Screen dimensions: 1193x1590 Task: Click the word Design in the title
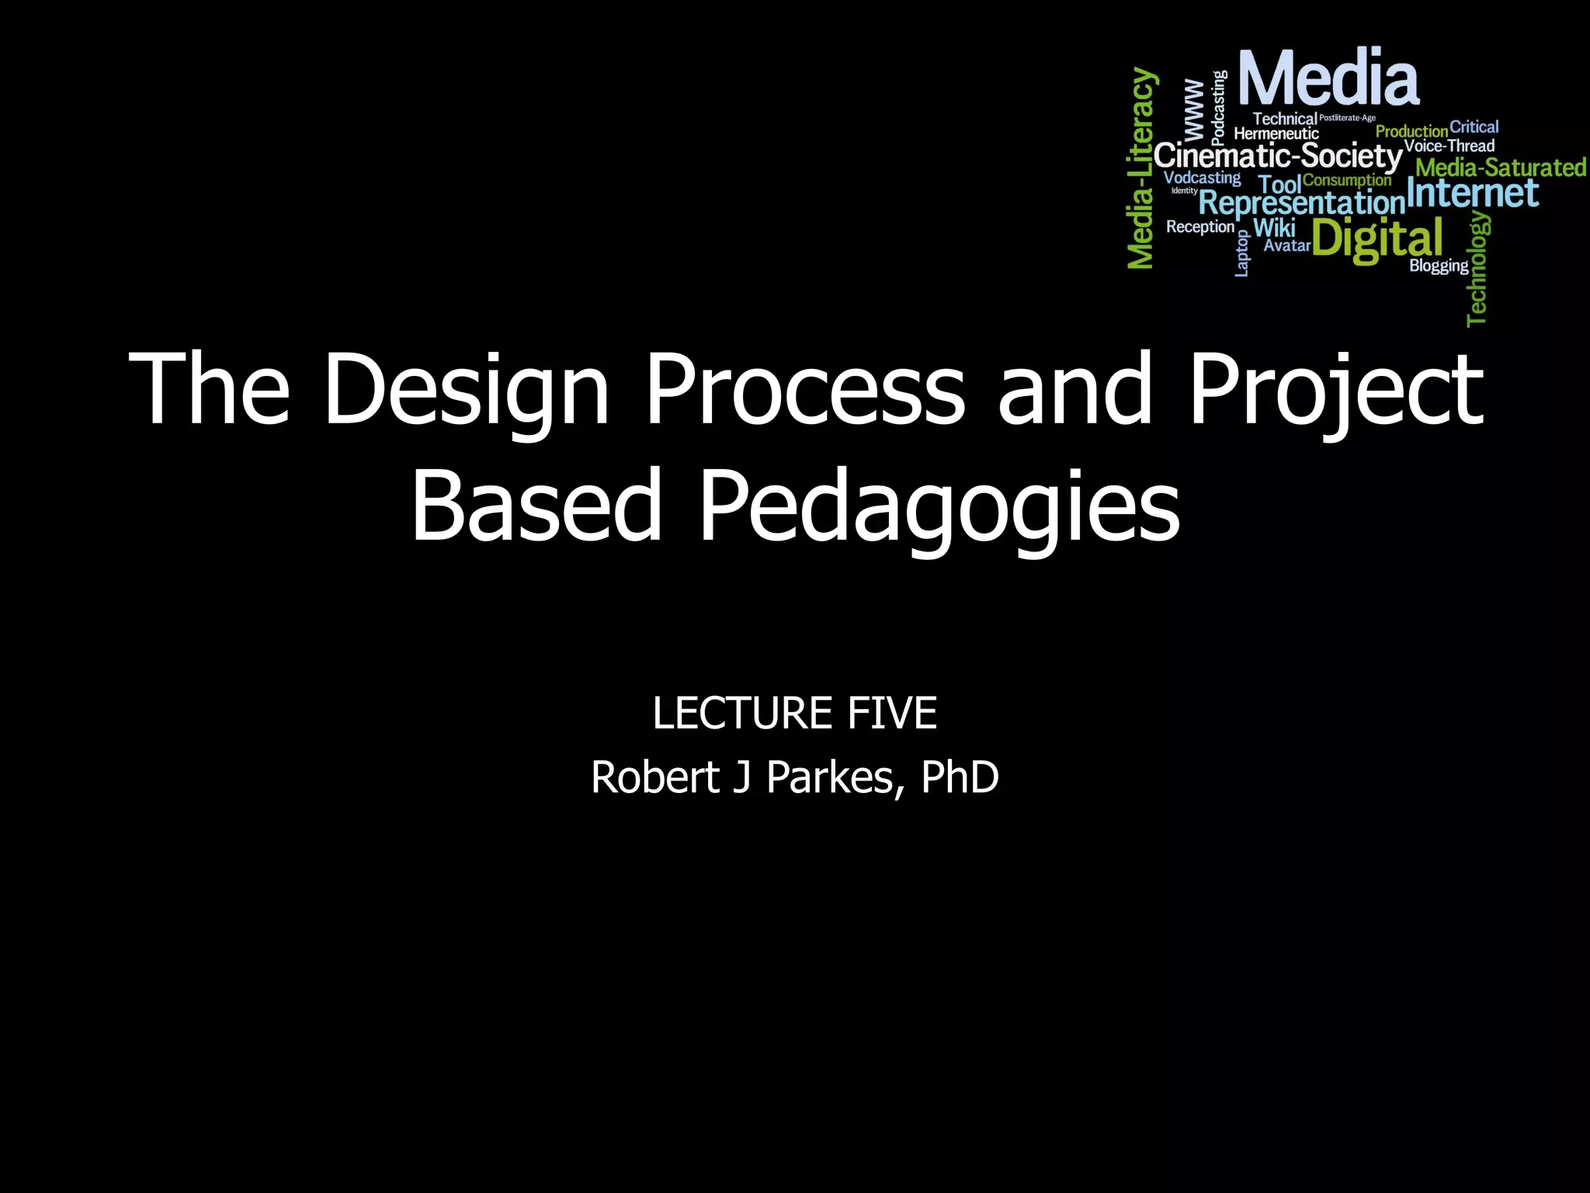click(x=466, y=388)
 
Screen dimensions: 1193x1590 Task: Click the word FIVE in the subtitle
click(x=892, y=713)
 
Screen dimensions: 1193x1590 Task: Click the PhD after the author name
click(x=960, y=777)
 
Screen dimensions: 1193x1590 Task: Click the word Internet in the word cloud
click(x=1472, y=193)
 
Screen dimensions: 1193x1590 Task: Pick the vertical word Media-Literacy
click(x=1141, y=169)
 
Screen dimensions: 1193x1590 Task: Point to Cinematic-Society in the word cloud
click(x=1278, y=156)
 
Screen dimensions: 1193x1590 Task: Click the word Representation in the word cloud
click(x=1302, y=203)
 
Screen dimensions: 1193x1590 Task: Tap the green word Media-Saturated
click(x=1500, y=168)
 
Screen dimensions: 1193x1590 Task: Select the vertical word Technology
click(x=1477, y=268)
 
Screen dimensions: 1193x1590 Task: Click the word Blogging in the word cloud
click(x=1439, y=266)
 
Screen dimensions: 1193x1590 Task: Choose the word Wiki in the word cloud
click(x=1274, y=228)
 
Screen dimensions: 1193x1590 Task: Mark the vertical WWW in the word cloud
click(x=1194, y=109)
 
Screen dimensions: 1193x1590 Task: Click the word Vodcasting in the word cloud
click(x=1202, y=178)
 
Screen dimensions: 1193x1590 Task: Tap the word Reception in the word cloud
click(x=1199, y=227)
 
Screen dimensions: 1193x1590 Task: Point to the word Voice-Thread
click(x=1449, y=146)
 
